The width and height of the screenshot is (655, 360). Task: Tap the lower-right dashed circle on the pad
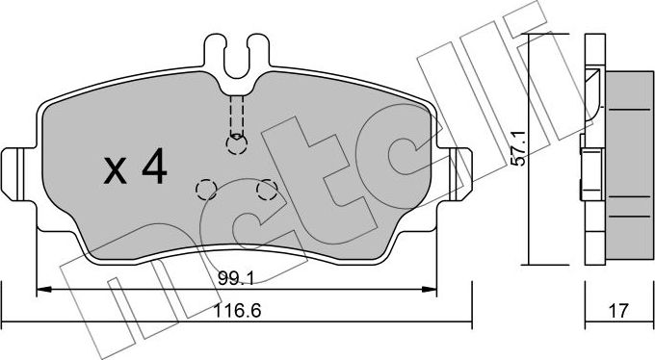tap(266, 191)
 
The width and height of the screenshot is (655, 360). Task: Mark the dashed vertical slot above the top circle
tap(236, 114)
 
